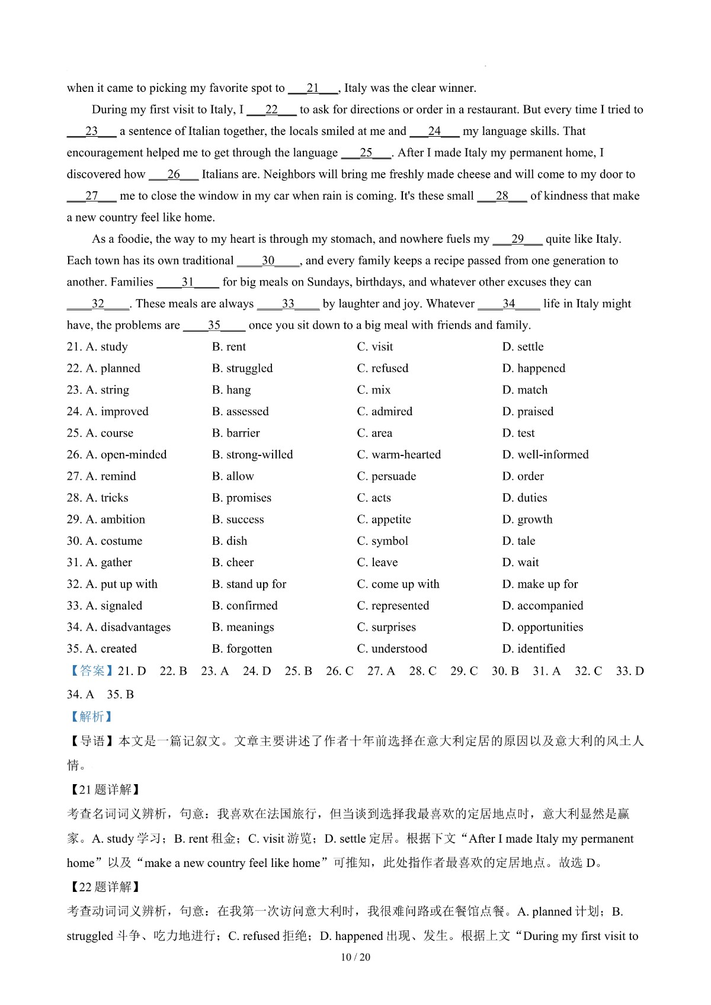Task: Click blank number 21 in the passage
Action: (313, 88)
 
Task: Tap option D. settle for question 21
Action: (523, 347)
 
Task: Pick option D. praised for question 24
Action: (527, 412)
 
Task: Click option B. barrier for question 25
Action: (236, 434)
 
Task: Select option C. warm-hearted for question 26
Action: (399, 455)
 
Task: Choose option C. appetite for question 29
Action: (384, 520)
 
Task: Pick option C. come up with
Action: (398, 585)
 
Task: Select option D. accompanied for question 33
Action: (542, 606)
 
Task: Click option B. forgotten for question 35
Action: (242, 649)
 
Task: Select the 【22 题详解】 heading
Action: (104, 887)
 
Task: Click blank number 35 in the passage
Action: (214, 326)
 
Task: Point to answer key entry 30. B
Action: (505, 671)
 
